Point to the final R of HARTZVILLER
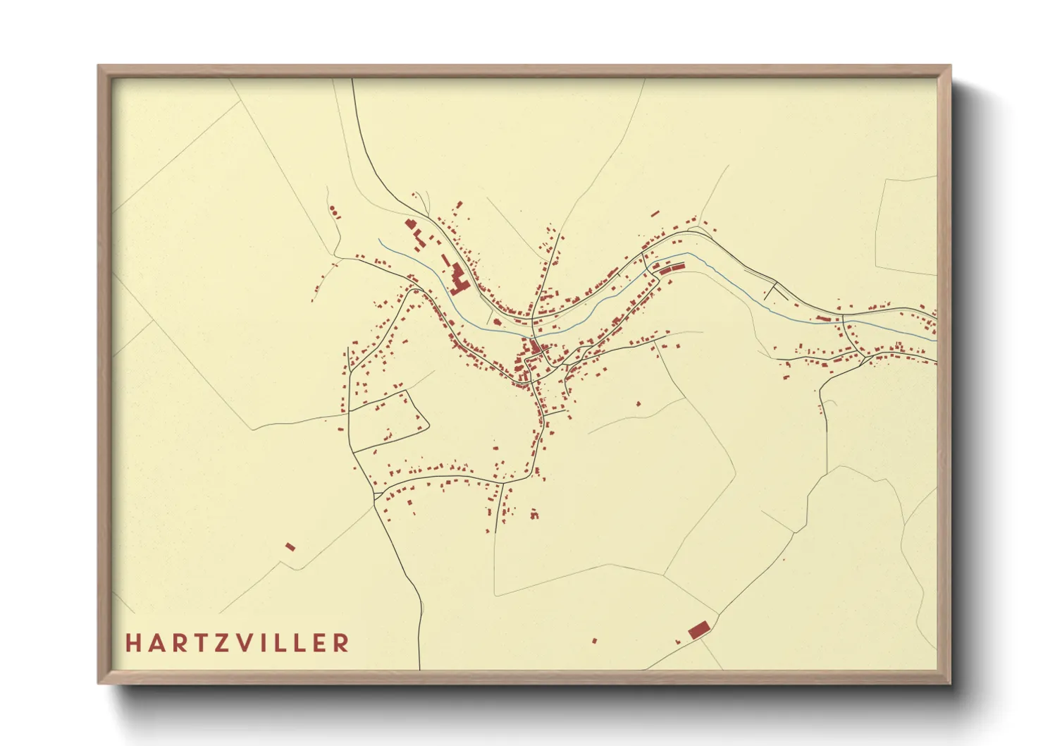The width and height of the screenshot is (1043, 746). click(x=342, y=643)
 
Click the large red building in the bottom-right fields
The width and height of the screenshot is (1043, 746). click(x=698, y=630)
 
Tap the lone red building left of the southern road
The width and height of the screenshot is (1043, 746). click(x=290, y=546)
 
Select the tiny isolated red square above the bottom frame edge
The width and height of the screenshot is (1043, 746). click(x=594, y=641)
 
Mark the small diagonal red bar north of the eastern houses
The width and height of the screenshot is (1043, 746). click(x=655, y=213)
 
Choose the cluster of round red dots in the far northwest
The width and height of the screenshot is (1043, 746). click(x=334, y=211)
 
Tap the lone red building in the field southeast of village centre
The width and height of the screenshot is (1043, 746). click(x=639, y=404)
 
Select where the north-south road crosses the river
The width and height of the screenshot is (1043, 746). click(x=532, y=323)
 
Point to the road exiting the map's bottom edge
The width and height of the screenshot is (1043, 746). click(x=420, y=666)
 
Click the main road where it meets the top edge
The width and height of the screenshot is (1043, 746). click(x=352, y=80)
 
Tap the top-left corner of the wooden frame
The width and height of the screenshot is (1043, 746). click(x=99, y=67)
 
